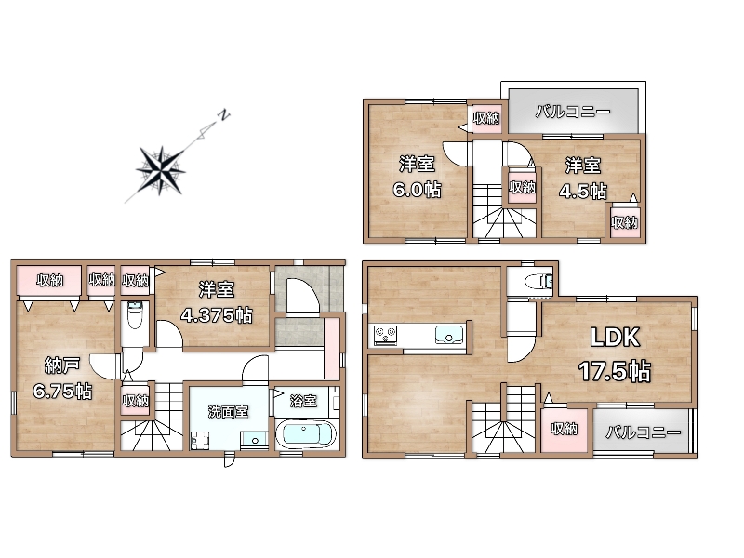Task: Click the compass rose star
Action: pos(160,170)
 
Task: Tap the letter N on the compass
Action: pos(223,114)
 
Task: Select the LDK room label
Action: pos(615,338)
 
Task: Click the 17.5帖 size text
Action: pos(615,371)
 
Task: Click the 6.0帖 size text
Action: pos(417,190)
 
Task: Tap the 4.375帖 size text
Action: pos(217,314)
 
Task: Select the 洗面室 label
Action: pos(228,411)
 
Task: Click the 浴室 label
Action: pos(303,401)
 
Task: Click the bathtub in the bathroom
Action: pos(306,435)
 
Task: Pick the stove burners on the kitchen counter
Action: pos(385,335)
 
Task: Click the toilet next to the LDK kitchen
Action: pos(539,282)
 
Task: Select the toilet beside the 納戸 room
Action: pos(135,315)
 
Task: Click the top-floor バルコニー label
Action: pos(573,112)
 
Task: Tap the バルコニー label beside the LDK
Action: pos(643,432)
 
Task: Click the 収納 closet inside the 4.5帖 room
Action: pos(625,222)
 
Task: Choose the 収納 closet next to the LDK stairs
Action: pos(565,430)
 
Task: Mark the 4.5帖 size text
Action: pos(583,192)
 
